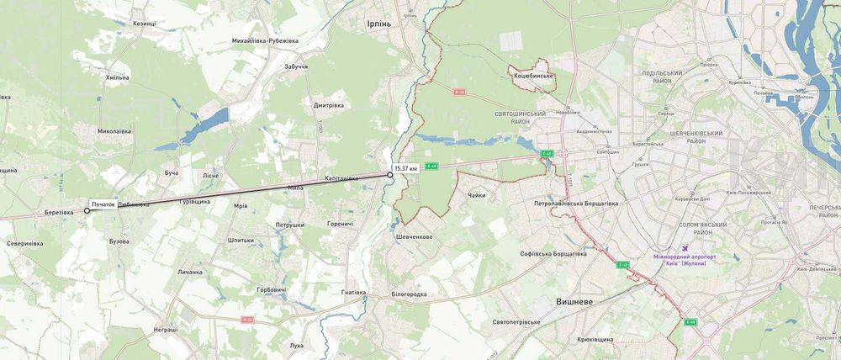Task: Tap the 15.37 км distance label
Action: [x=405, y=169]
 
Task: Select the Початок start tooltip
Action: [x=103, y=204]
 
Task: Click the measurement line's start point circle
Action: [x=87, y=211]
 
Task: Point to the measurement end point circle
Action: [x=390, y=175]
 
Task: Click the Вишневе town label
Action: [x=576, y=300]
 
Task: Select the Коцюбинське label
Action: [x=532, y=77]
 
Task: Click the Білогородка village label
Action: [x=410, y=294]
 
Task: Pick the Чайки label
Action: [x=477, y=195]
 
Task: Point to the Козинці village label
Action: [x=145, y=24]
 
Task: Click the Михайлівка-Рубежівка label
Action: [x=265, y=40]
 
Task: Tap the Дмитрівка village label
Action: [x=331, y=106]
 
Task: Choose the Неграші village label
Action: [x=166, y=330]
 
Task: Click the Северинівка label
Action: [x=25, y=243]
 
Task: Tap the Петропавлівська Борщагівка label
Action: [x=576, y=204]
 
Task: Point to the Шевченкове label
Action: [x=414, y=237]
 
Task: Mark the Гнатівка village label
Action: [x=354, y=293]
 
